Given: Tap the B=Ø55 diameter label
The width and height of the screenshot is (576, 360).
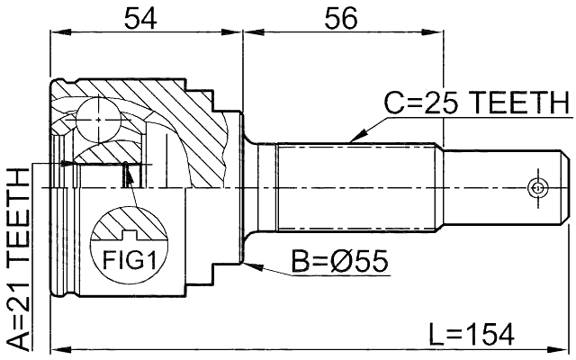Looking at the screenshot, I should point(338,261).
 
